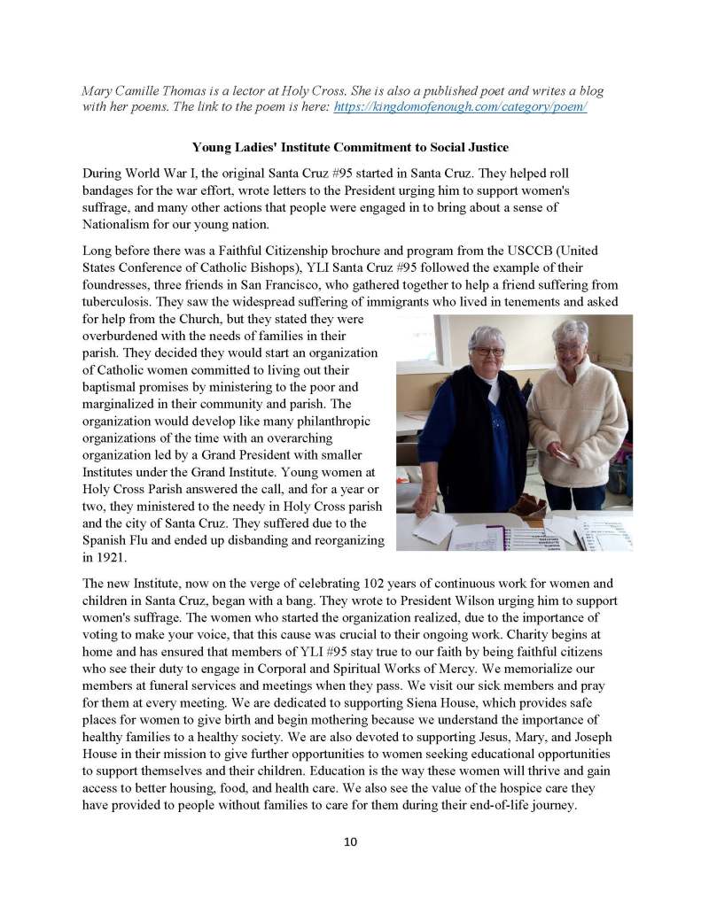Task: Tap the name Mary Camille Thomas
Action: pyautogui.click(x=143, y=90)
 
